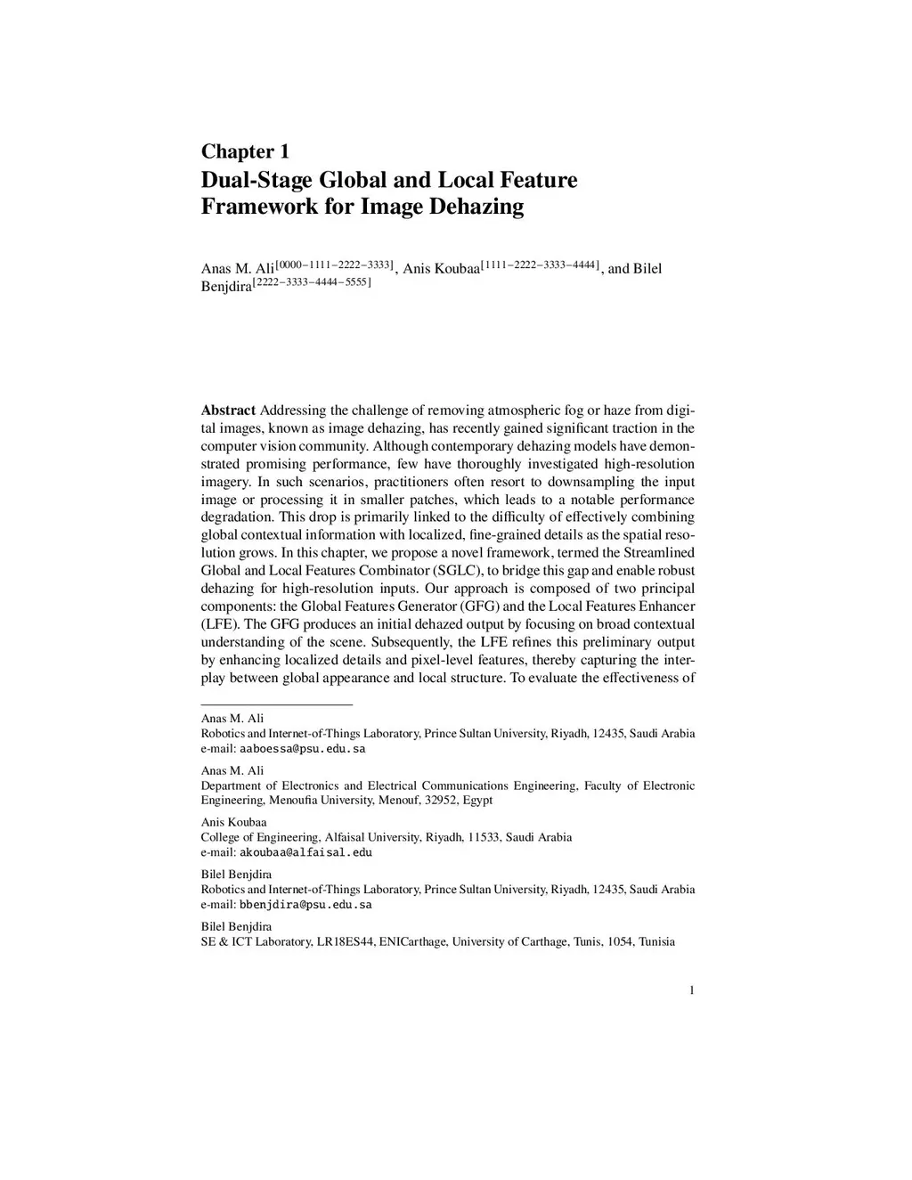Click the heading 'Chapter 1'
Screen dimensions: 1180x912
(245, 151)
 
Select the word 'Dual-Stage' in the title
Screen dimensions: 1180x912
(256, 180)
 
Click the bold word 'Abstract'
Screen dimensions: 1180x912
(228, 411)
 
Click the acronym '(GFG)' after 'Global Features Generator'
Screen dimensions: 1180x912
(479, 606)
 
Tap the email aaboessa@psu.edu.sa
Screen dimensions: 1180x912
(303, 749)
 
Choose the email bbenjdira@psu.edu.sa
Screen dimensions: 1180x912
(305, 905)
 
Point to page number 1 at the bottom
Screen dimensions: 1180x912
(692, 990)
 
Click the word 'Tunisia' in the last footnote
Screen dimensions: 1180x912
(657, 941)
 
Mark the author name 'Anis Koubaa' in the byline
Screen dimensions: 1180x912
(441, 269)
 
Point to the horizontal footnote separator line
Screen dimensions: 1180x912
(277, 704)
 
